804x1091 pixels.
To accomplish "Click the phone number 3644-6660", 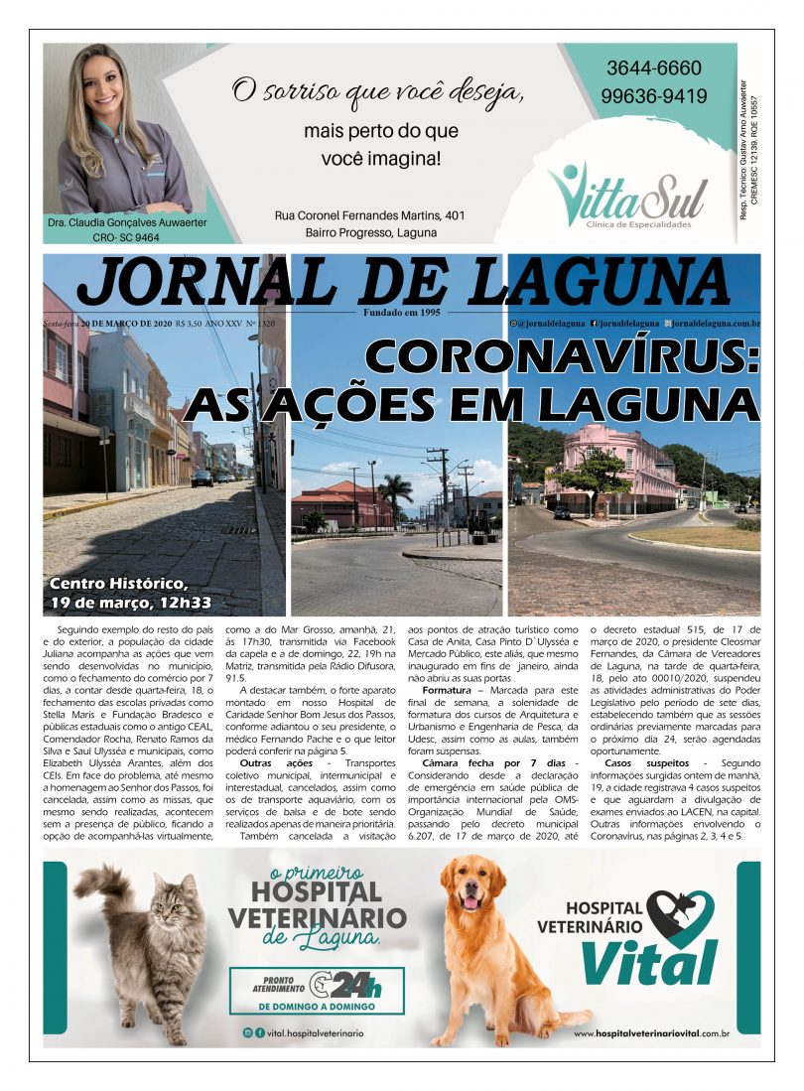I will coord(653,68).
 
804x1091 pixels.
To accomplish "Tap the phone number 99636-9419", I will coord(653,96).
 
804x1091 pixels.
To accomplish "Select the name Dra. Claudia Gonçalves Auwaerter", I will coord(127,222).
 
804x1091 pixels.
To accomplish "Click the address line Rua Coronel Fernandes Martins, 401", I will coord(369,215).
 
